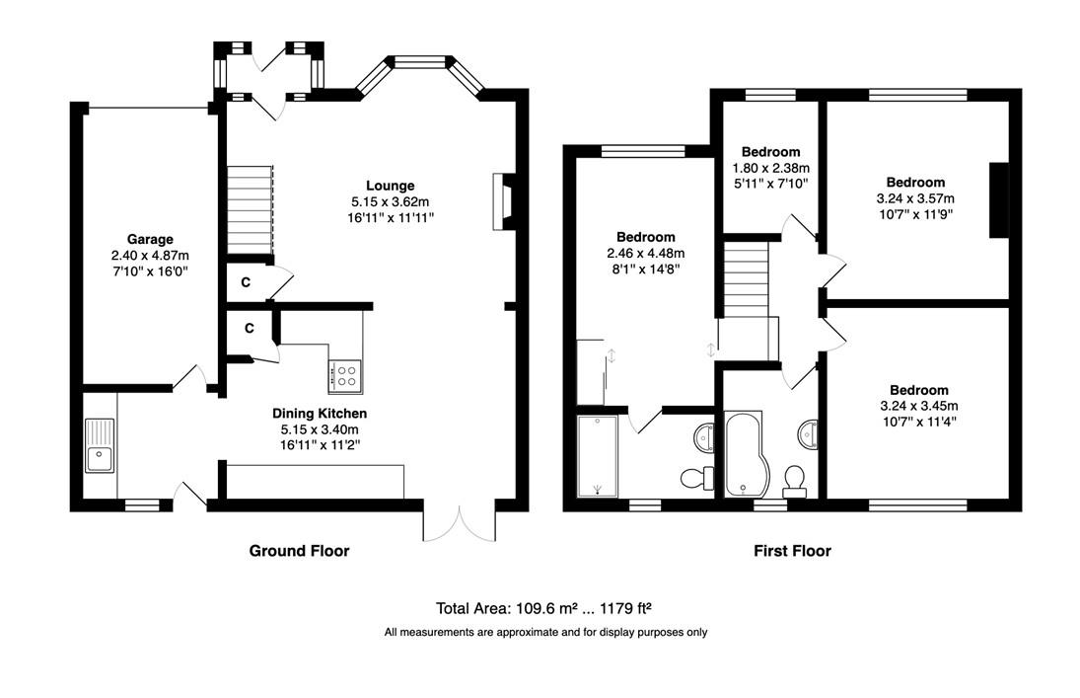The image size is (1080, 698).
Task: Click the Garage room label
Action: [150, 239]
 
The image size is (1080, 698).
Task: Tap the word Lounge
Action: [390, 186]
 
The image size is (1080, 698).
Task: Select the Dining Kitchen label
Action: [320, 413]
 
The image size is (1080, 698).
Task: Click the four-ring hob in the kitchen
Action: [346, 376]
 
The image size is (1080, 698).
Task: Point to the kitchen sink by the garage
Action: [100, 445]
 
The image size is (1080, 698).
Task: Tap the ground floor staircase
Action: [250, 209]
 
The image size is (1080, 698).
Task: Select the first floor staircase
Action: [746, 278]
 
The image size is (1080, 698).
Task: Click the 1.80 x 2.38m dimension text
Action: [770, 168]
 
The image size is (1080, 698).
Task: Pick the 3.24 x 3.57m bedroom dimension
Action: [915, 198]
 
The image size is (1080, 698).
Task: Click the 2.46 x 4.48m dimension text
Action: [645, 253]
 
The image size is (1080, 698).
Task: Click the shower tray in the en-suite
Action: [597, 456]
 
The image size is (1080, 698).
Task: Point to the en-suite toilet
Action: [698, 477]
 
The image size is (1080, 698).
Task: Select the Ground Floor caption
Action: [299, 550]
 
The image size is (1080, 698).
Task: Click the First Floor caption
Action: [792, 550]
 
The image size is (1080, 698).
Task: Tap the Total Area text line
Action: [543, 608]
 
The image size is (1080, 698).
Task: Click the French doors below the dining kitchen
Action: [459, 524]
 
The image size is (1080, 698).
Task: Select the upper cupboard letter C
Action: [246, 282]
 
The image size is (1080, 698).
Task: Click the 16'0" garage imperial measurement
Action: [172, 271]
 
